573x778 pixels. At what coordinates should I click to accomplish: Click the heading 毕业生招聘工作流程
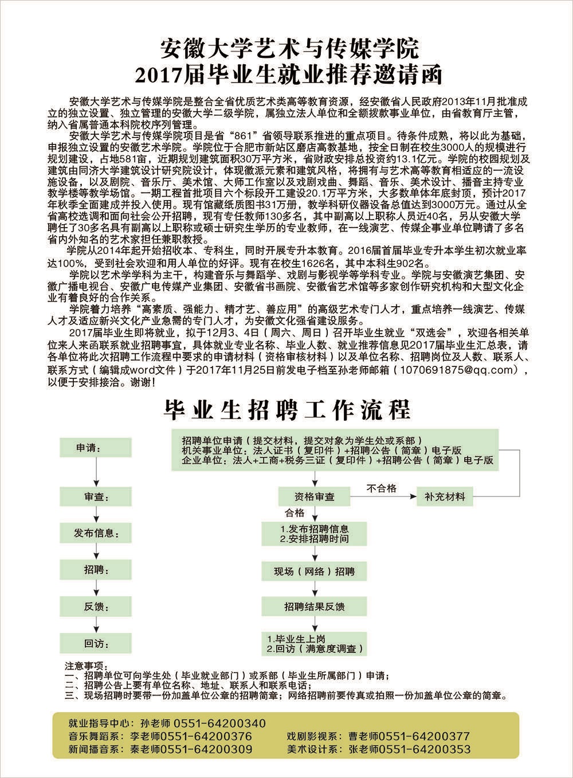pyautogui.click(x=286, y=409)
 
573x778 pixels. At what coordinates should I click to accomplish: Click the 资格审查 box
pyautogui.click(x=314, y=496)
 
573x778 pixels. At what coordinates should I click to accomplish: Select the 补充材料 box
pyautogui.click(x=445, y=496)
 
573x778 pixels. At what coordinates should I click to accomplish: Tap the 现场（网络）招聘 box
pyautogui.click(x=314, y=572)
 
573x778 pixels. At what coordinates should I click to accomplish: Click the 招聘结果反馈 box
pyautogui.click(x=314, y=607)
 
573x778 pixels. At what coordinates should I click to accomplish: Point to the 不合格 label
pyautogui.click(x=382, y=488)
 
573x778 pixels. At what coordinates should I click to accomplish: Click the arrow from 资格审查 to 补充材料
pyautogui.click(x=384, y=496)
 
